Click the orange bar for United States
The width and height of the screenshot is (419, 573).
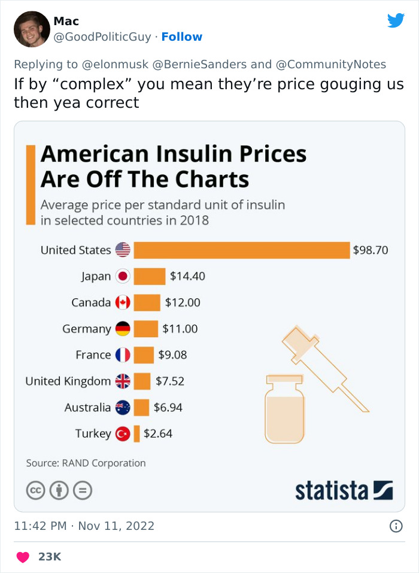(241, 250)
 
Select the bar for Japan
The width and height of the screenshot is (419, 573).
(149, 276)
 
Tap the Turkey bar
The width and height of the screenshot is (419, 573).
(136, 433)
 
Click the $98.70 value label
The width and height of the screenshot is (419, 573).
(371, 250)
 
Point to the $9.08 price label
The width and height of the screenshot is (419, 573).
(172, 355)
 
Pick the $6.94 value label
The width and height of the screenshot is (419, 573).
(168, 408)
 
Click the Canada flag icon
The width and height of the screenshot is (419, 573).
(123, 302)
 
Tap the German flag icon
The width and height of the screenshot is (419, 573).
(123, 329)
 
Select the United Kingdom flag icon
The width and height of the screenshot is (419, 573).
(123, 381)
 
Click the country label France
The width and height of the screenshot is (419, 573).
(93, 355)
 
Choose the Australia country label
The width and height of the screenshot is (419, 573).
(87, 408)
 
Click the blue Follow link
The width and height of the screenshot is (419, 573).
(182, 37)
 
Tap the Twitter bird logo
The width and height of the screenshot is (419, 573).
(396, 21)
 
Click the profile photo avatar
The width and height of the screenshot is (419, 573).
(31, 29)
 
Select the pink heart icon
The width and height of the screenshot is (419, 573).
(23, 557)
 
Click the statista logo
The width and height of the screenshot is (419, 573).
(344, 490)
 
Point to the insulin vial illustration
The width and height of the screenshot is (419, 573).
(286, 409)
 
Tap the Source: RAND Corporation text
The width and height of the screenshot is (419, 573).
(86, 463)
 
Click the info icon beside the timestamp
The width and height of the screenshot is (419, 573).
(396, 526)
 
